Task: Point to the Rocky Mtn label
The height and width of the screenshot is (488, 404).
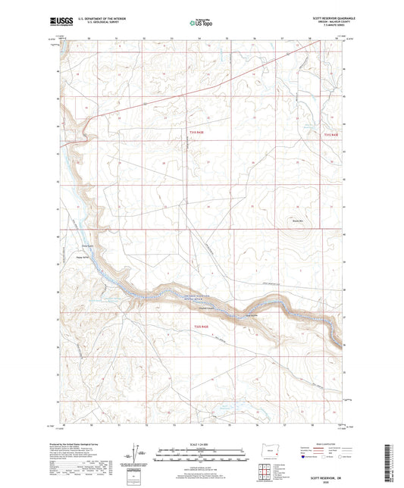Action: coord(298,221)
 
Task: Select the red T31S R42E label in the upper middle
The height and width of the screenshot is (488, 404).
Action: coord(196,133)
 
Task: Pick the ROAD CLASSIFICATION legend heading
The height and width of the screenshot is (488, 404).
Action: coord(318,445)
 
